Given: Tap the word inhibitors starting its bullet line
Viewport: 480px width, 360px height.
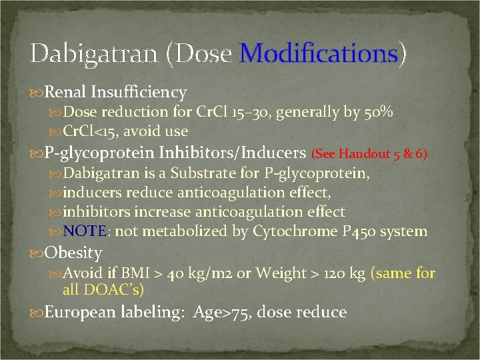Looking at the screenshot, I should tap(95, 213).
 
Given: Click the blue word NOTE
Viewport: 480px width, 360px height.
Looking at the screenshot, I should tap(84, 232).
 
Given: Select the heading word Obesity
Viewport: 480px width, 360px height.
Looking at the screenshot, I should tap(73, 253).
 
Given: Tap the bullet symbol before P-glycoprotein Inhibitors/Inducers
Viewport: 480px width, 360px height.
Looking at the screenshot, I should tap(36, 155).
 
